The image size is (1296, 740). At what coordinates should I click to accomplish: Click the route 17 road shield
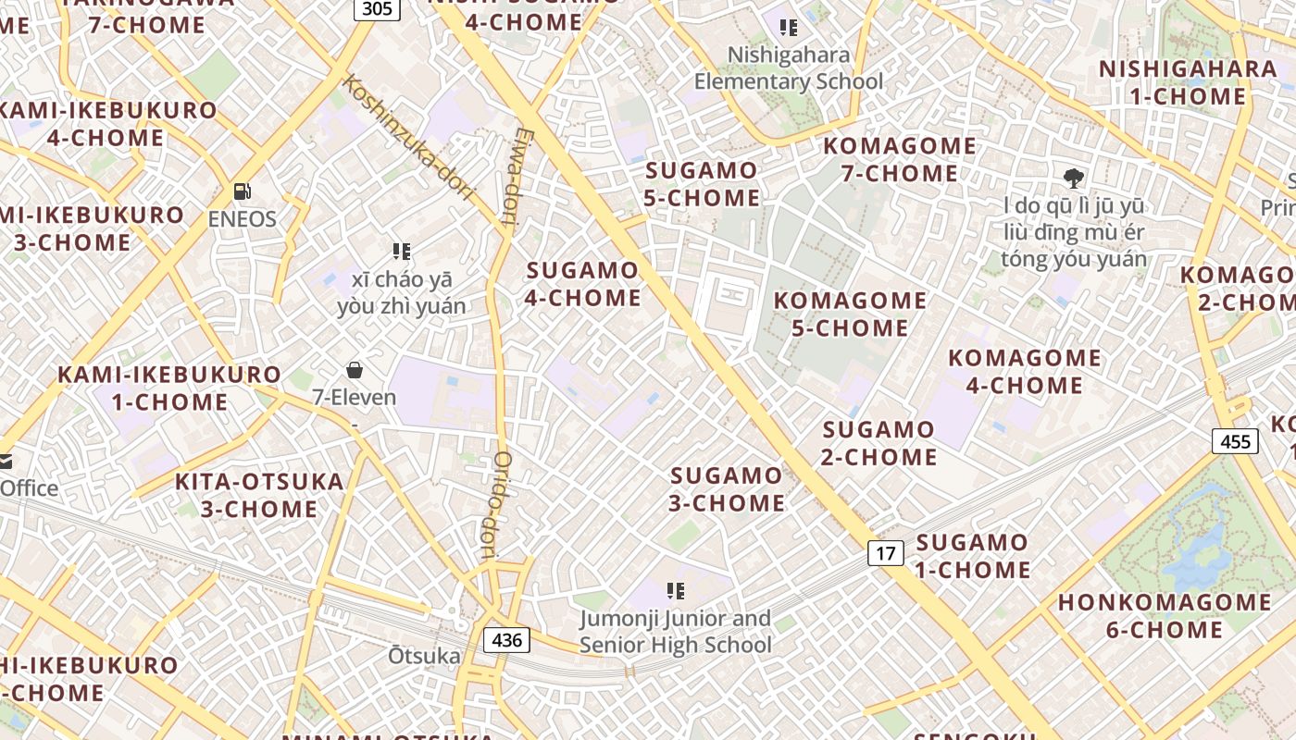[886, 553]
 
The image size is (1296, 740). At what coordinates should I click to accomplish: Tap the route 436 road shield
[507, 639]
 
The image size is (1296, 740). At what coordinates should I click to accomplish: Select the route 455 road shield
[1236, 441]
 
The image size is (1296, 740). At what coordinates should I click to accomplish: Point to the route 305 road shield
[377, 9]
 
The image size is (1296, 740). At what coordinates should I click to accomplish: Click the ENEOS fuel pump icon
[243, 191]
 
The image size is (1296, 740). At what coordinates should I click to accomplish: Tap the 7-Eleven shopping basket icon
[354, 371]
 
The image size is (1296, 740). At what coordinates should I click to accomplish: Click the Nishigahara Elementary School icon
[789, 28]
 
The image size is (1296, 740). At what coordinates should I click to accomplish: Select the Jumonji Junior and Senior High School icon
[676, 590]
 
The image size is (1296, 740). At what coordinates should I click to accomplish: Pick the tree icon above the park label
[1074, 179]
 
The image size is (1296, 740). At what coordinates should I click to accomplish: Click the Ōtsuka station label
[424, 656]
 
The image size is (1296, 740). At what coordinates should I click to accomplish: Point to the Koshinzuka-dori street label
[408, 139]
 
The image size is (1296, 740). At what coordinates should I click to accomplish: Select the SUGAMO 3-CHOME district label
[728, 489]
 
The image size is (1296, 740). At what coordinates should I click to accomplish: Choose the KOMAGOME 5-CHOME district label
[850, 314]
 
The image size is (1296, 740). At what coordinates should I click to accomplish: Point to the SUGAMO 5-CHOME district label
[703, 184]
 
